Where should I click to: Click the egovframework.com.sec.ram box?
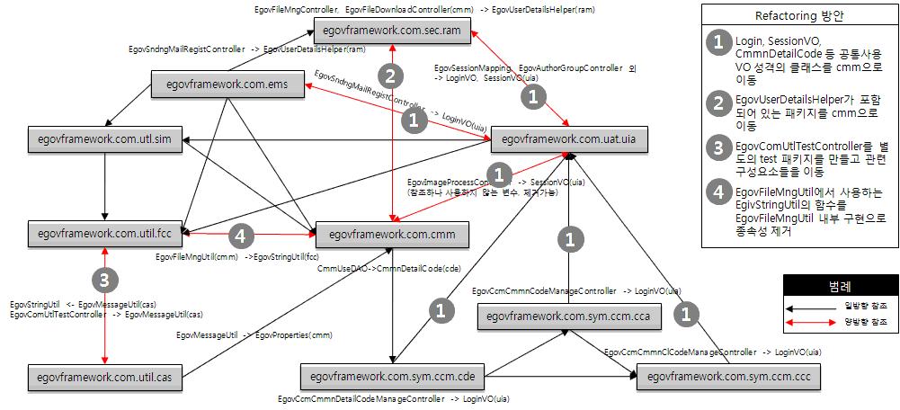tap(389, 31)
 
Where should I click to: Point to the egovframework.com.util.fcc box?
tap(105, 232)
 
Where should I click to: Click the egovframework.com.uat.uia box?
tap(567, 139)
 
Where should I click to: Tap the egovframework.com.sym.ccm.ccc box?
tap(729, 377)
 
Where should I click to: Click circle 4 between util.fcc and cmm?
tap(239, 236)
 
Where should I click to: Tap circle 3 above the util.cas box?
tap(105, 281)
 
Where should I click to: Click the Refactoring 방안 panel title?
tap(796, 16)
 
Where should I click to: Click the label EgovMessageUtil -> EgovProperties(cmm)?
tap(254, 334)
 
